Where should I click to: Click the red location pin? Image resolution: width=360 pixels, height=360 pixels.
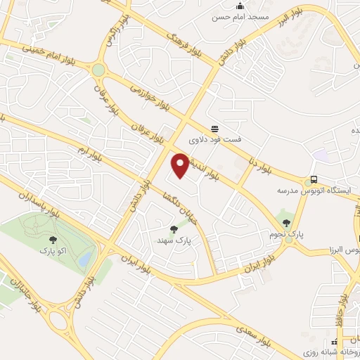tap(181, 165)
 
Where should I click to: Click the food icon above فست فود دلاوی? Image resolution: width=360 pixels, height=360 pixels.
tap(214, 128)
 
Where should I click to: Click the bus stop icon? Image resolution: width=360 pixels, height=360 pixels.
tap(314, 179)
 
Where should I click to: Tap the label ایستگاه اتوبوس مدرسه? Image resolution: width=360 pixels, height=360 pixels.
tap(300, 191)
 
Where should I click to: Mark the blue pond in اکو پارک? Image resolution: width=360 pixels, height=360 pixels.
tap(85, 259)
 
